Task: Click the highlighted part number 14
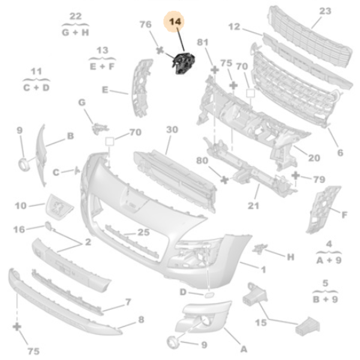175,22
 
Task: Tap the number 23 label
325,11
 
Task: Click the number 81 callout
202,42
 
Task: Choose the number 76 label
146,25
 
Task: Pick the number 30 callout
172,130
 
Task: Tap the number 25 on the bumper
143,232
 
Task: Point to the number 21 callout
253,206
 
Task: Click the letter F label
344,214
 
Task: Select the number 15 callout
260,323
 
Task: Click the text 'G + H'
75,31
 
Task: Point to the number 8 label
141,320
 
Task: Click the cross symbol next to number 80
224,179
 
